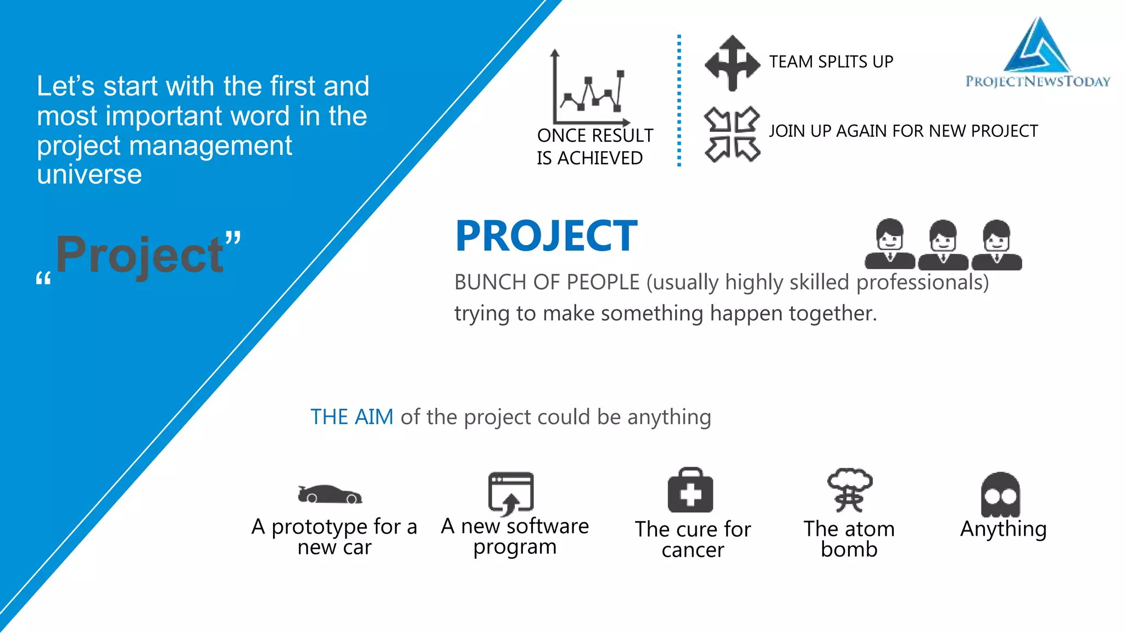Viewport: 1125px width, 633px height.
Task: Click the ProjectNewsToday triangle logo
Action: [1037, 46]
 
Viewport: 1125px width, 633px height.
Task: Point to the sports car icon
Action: [330, 494]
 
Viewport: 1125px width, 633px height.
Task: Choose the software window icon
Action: [511, 492]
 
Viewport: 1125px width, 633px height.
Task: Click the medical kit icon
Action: [690, 491]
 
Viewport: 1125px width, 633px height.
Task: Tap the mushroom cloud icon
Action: [849, 489]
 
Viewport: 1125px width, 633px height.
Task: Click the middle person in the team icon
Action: [943, 245]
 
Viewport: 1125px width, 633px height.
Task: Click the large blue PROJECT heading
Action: [546, 236]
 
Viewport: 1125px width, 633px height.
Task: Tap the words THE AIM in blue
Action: [352, 417]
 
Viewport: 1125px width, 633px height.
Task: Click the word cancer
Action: [693, 550]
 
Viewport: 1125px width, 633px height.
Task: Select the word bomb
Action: [849, 549]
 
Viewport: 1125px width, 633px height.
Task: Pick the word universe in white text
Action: [90, 175]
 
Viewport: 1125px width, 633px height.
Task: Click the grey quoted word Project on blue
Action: [140, 255]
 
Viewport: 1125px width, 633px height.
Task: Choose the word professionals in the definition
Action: [922, 282]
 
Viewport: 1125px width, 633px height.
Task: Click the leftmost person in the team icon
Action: [890, 245]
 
